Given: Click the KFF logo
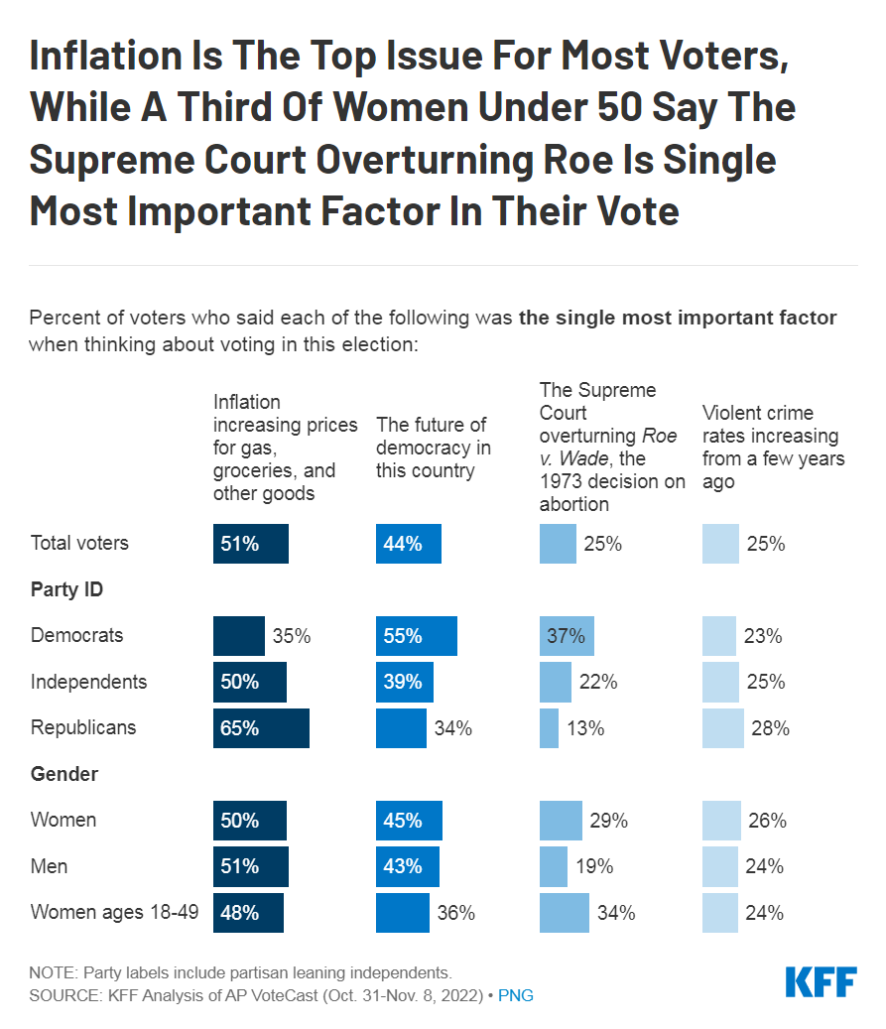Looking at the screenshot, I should point(821,981).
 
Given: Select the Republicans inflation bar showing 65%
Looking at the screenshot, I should point(261,727).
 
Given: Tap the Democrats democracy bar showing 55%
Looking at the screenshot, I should point(417,636).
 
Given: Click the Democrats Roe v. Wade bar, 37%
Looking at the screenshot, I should point(567,636).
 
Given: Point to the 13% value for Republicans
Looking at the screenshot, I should point(585,728).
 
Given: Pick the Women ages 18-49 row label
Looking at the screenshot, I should point(115,912).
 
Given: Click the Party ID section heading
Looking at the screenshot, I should point(67,589).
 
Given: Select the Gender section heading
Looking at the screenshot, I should point(64,774).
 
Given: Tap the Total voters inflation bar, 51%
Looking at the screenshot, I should point(251,544).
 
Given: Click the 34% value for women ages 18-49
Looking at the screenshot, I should point(615,913).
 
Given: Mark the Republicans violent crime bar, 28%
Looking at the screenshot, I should point(722,727).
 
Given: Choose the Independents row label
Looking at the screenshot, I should point(88,682).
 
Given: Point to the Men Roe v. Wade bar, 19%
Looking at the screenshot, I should point(553,866).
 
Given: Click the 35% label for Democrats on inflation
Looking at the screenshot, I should point(292,636).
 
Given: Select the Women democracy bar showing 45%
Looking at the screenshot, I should point(409,821).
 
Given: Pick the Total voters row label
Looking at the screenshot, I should point(79,544).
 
